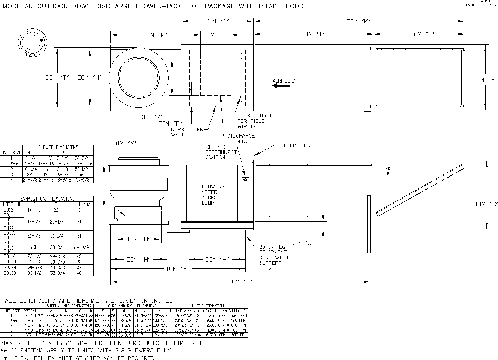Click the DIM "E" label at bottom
[x=240, y=282]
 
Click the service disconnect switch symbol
[x=246, y=179]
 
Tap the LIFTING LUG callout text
[x=297, y=145]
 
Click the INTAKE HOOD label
[x=386, y=171]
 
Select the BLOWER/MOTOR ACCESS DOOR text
[x=213, y=195]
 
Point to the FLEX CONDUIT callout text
[x=256, y=121]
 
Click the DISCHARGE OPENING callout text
[x=241, y=139]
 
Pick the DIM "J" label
[x=302, y=243]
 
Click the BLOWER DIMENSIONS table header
[x=58, y=147]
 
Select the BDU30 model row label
[x=9, y=273]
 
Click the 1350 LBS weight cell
[x=34, y=335]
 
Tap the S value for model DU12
[x=34, y=210]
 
